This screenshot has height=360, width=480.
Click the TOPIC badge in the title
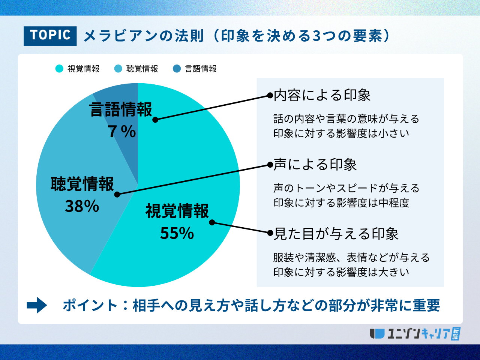[x=50, y=36]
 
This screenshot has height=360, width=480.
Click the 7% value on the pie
[x=122, y=132]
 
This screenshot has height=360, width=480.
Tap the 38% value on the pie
[x=82, y=206]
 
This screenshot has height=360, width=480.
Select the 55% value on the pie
[x=177, y=233]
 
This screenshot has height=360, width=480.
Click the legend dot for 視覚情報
[x=59, y=69]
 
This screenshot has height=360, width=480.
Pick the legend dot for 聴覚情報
[x=118, y=69]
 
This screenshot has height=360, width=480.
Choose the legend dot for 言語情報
[x=177, y=69]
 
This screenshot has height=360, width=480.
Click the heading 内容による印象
[x=322, y=95]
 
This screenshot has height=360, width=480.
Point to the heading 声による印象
[x=315, y=164]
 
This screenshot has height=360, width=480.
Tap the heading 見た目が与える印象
[x=336, y=234]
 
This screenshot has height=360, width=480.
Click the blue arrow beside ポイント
[x=37, y=305]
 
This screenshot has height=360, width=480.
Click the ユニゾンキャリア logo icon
[x=377, y=334]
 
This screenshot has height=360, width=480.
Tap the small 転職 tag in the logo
[x=456, y=334]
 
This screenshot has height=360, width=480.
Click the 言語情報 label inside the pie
[x=120, y=109]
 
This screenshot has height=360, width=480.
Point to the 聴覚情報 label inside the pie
[x=82, y=184]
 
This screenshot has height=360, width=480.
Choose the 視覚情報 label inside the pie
[x=177, y=211]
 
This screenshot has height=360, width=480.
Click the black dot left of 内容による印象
[x=270, y=96]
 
